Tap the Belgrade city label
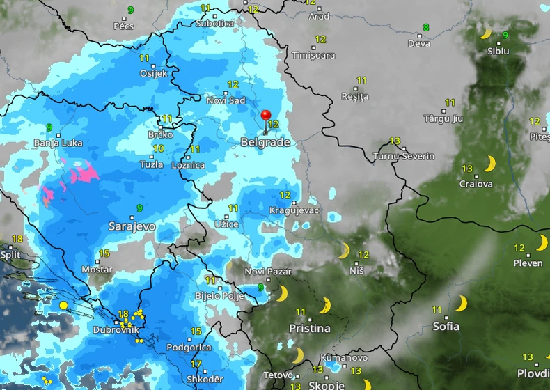(x=265, y=142)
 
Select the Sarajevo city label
(x=132, y=226)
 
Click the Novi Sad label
(x=226, y=100)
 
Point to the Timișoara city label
(x=313, y=55)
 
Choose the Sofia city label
(x=446, y=325)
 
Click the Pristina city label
(x=310, y=328)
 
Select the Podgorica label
(x=189, y=348)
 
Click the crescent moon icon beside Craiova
(x=490, y=164)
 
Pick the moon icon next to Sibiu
(x=486, y=33)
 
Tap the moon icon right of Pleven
(x=542, y=243)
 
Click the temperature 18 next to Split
(x=17, y=239)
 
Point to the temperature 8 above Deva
(x=426, y=28)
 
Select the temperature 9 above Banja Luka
(x=49, y=127)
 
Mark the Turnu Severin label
(x=404, y=156)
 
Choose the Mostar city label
(x=97, y=269)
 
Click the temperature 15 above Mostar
(x=104, y=253)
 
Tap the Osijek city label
(x=154, y=73)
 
